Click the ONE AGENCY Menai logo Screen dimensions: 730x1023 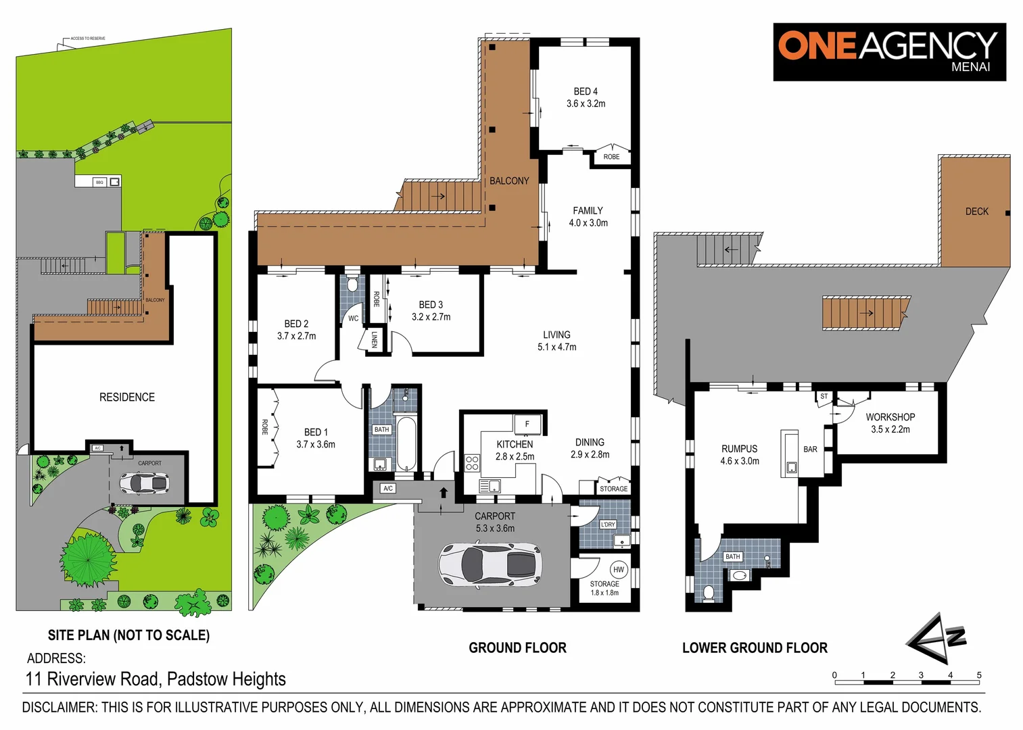[888, 51]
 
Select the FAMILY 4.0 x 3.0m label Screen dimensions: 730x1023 [588, 216]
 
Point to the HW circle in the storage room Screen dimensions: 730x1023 [618, 569]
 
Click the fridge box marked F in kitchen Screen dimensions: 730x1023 [527, 424]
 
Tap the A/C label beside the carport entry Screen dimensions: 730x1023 [387, 488]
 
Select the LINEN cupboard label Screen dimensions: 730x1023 [374, 339]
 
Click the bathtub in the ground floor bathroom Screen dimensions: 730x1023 [406, 444]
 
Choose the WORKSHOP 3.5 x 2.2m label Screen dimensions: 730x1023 [890, 423]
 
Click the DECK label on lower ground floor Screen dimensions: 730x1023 [976, 212]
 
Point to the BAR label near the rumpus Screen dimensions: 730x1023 [810, 449]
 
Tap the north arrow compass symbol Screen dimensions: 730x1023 [935, 639]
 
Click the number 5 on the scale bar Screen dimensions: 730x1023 [978, 675]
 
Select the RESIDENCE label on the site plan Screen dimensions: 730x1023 [127, 397]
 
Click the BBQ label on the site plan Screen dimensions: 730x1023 [99, 182]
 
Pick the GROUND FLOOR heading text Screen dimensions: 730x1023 [517, 648]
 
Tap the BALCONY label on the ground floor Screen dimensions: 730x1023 [509, 181]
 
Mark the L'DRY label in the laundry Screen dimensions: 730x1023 [608, 524]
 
